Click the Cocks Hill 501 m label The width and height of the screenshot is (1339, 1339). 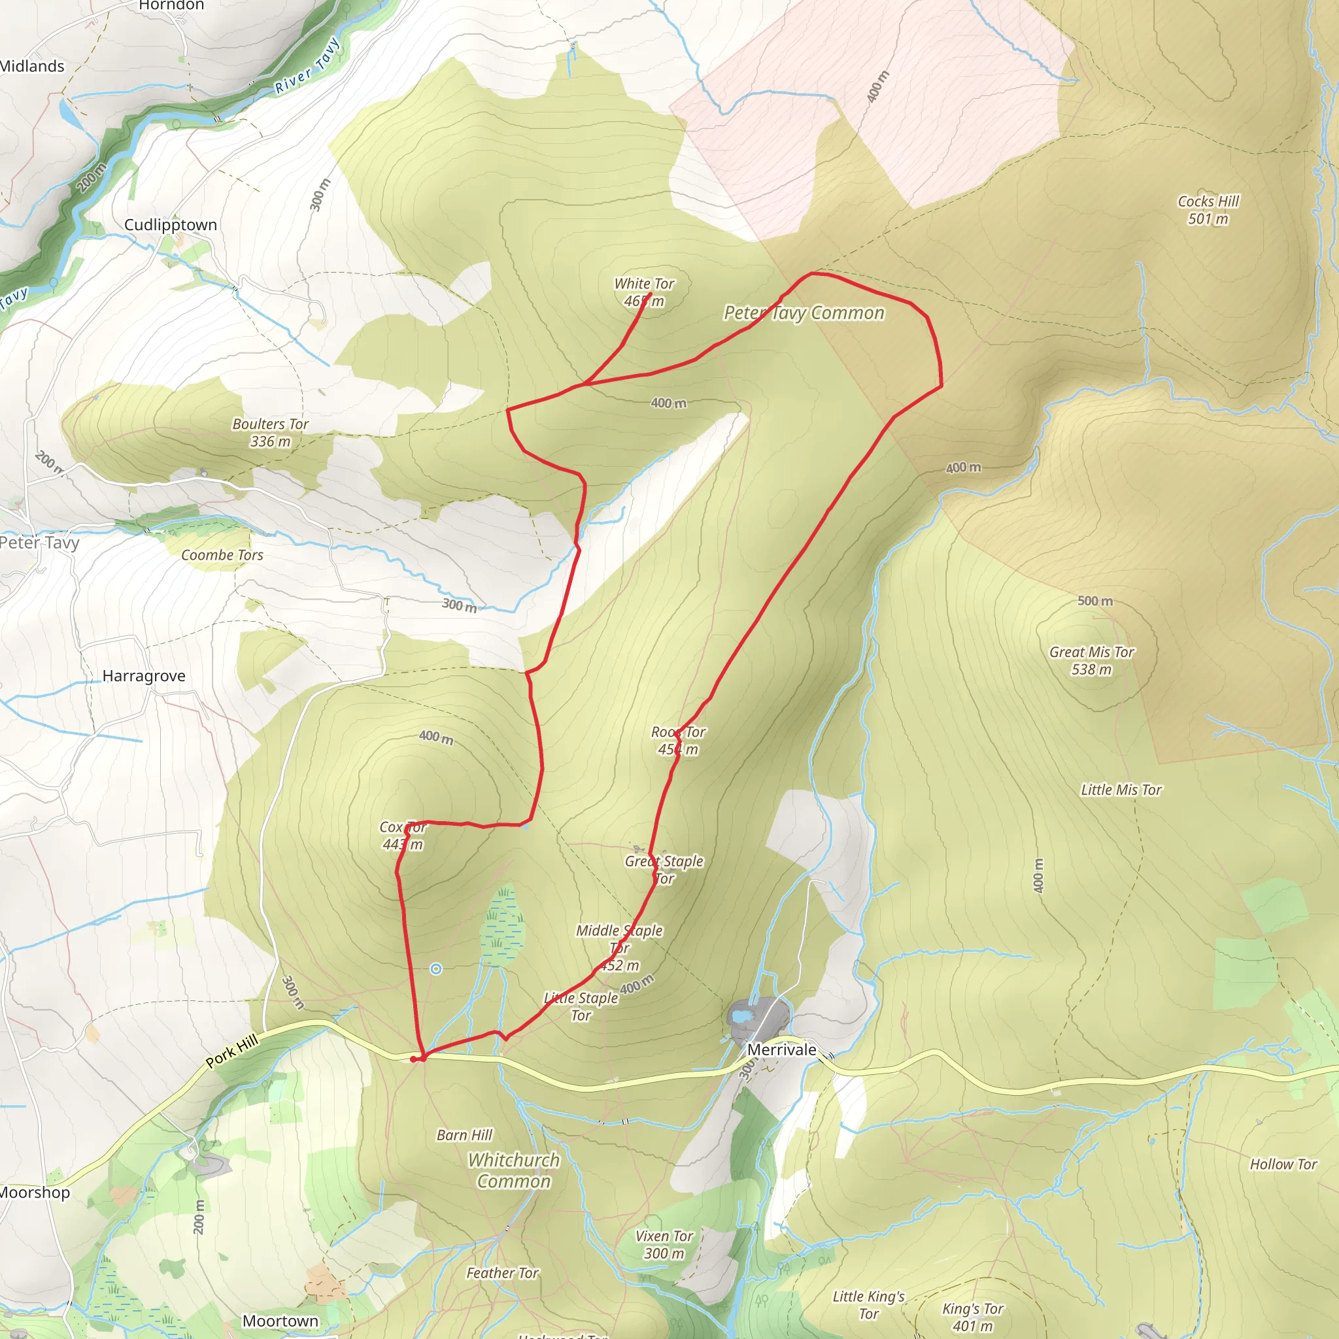(x=1208, y=210)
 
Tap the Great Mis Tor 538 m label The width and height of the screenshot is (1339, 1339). (x=1092, y=660)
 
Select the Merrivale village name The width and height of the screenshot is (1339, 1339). (x=781, y=1049)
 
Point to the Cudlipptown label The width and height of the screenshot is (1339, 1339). (x=171, y=224)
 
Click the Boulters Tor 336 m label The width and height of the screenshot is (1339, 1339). (x=270, y=432)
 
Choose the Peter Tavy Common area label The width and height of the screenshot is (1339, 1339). (x=804, y=313)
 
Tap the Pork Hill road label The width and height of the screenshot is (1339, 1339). (x=232, y=1051)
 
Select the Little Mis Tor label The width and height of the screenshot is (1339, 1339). (x=1121, y=789)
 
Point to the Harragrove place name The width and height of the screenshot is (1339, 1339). (x=143, y=676)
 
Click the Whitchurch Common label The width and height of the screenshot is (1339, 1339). (x=513, y=1170)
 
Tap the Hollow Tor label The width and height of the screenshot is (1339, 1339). (x=1283, y=1164)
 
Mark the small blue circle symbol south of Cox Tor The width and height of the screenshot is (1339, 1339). (x=436, y=969)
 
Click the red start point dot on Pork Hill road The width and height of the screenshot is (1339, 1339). (x=415, y=1059)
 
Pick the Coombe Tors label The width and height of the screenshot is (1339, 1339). (x=222, y=555)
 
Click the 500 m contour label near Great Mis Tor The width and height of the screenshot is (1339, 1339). (x=1095, y=601)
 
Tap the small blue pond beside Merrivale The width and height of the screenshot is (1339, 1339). (x=741, y=1017)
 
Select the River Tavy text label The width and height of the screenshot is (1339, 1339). (x=307, y=67)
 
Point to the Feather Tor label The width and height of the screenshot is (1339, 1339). (x=503, y=1272)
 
